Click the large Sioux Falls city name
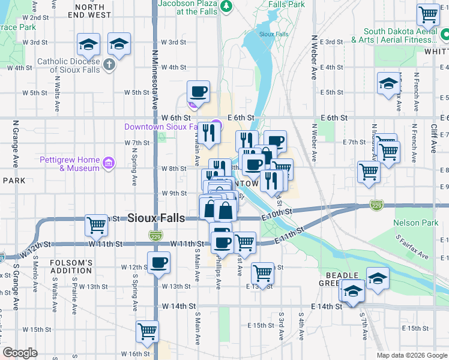click(x=156, y=218)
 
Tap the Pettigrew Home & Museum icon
click(x=108, y=163)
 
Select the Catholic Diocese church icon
click(x=109, y=64)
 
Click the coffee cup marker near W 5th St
click(x=198, y=92)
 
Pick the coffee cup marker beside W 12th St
click(x=158, y=262)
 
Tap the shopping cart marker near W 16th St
click(x=147, y=331)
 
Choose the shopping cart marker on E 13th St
click(x=262, y=273)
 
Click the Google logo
click(x=20, y=353)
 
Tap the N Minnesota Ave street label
click(x=154, y=72)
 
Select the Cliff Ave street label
click(x=433, y=138)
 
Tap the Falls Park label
click(x=286, y=4)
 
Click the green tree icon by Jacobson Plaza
click(x=227, y=7)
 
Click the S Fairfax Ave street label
click(x=412, y=247)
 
